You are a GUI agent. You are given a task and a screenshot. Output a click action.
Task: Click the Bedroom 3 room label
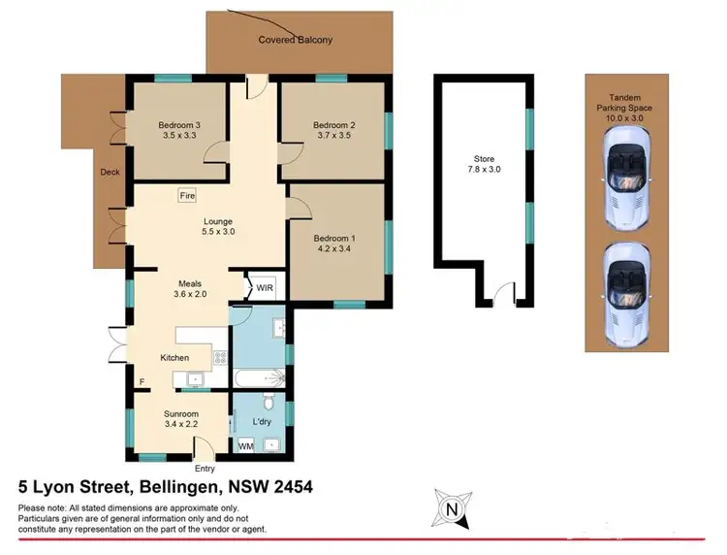coord(178,125)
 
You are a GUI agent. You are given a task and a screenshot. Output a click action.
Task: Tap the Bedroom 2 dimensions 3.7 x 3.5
coord(333,138)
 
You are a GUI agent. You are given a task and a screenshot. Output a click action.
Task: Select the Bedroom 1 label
coord(333,237)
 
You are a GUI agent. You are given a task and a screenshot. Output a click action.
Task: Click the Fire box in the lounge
coord(187,196)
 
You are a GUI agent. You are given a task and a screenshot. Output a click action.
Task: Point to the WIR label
coord(265,288)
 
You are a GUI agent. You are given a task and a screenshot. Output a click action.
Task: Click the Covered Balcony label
coord(295,40)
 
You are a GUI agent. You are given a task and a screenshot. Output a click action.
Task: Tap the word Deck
coord(109,173)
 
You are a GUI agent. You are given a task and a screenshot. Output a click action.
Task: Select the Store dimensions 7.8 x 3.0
coord(484,170)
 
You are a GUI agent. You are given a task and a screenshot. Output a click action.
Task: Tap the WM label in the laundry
coord(245,445)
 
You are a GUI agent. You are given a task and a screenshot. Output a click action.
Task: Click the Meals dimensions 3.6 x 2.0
coord(190,294)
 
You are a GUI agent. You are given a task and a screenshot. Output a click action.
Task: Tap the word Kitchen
coord(174,358)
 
